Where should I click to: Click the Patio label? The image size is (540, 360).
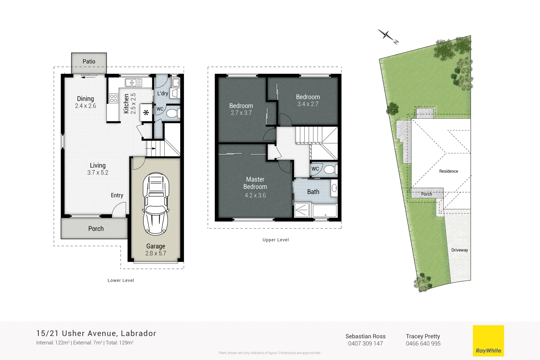(89, 61)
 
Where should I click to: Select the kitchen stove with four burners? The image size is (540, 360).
(113, 98)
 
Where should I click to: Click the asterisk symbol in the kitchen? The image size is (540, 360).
(146, 113)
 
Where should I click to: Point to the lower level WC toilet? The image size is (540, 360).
(172, 113)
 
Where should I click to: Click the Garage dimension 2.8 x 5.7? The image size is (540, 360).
(156, 253)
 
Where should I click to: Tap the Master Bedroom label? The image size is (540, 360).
(255, 183)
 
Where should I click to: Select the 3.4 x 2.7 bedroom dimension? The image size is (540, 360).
(308, 104)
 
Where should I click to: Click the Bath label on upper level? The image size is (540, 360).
(313, 192)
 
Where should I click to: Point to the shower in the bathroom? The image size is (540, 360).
(302, 210)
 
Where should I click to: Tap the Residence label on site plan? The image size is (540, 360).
(448, 171)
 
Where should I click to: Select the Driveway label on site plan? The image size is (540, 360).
(459, 250)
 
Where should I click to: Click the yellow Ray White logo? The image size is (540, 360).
(488, 341)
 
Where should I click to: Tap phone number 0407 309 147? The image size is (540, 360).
(365, 344)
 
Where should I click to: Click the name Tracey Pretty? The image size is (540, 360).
(423, 336)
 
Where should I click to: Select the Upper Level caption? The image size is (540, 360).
(276, 240)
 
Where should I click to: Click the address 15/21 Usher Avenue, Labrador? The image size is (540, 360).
(96, 333)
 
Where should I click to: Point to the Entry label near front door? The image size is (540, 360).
(117, 195)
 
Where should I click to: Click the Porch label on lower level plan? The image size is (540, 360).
(96, 229)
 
